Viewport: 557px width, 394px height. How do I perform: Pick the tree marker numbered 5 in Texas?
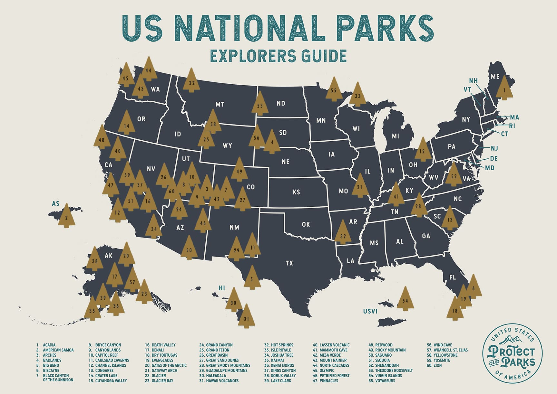[252, 278]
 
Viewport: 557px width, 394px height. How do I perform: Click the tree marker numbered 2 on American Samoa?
[66, 217]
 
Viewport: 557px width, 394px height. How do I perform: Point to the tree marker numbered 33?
[357, 96]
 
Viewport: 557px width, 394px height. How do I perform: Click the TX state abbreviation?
[289, 263]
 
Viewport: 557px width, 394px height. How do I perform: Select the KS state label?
[297, 192]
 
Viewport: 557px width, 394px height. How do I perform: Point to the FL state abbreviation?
[452, 277]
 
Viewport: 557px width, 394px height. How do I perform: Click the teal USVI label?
[370, 311]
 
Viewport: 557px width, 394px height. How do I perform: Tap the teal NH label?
[473, 80]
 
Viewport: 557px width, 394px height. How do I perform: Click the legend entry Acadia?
[49, 345]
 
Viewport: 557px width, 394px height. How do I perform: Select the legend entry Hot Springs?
[282, 345]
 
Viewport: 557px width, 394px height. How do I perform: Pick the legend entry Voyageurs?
[385, 380]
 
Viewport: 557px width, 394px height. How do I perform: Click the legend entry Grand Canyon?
[219, 345]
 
